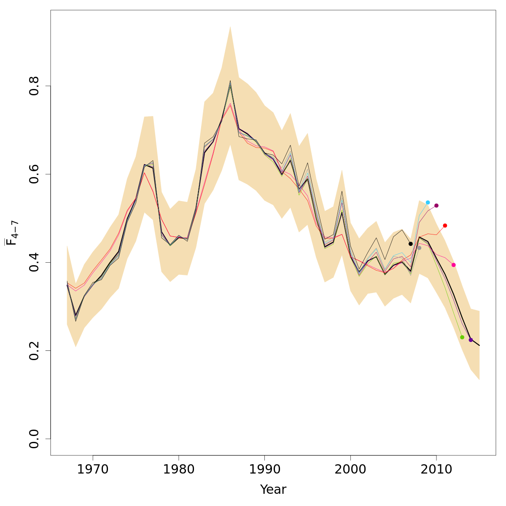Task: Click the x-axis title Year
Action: coord(273,490)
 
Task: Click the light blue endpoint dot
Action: coord(428,202)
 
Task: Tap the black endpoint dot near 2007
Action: coord(411,244)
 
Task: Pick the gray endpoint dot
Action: coord(419,248)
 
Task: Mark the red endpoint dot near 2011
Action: coord(445,226)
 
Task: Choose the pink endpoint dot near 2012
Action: coord(453,265)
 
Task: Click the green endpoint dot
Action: coord(462,337)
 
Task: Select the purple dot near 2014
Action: coord(471,340)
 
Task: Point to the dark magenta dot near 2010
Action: coord(436,205)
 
